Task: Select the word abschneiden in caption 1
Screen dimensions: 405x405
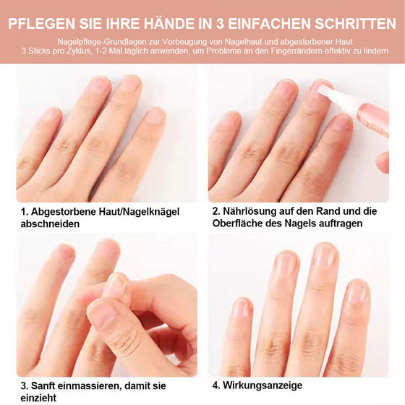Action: point(50,224)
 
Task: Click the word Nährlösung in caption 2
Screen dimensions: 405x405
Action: point(254,211)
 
